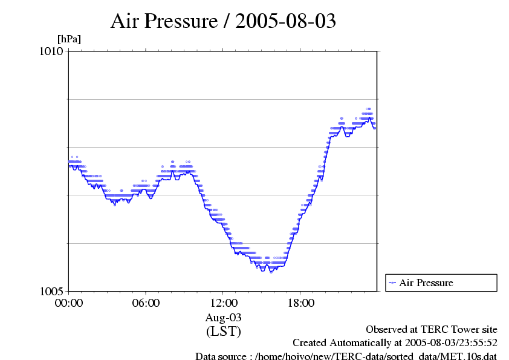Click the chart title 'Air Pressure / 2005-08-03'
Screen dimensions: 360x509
pos(223,21)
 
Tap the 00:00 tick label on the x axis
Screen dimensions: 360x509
pos(69,303)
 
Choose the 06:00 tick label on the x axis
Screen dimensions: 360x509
pos(146,303)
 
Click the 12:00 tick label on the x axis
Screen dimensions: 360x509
pos(223,303)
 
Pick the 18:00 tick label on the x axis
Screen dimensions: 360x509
pos(300,303)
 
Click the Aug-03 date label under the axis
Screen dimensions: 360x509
pos(223,317)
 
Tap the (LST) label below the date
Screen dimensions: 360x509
pos(223,331)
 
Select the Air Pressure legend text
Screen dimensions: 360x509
pos(426,283)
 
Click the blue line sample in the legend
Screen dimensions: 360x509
pos(392,283)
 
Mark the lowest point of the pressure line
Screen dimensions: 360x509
pos(271,273)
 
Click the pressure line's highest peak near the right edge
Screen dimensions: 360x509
pos(369,118)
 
